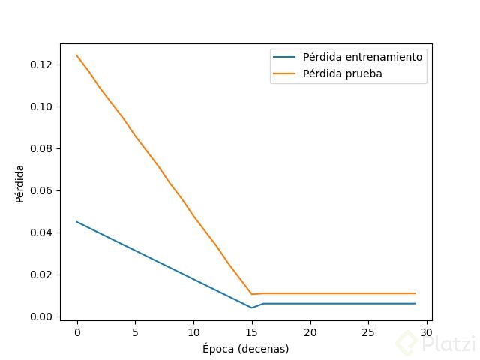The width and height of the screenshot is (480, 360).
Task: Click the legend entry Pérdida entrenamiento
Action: pyautogui.click(x=362, y=57)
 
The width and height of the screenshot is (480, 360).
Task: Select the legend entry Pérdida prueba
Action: pyautogui.click(x=342, y=73)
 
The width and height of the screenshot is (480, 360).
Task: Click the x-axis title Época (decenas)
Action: pyautogui.click(x=245, y=349)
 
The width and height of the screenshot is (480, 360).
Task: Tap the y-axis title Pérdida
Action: pyautogui.click(x=20, y=183)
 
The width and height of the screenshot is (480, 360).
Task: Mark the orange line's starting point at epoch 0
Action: pyautogui.click(x=77, y=55)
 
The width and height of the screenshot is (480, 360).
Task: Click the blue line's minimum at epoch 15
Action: pyautogui.click(x=252, y=307)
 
